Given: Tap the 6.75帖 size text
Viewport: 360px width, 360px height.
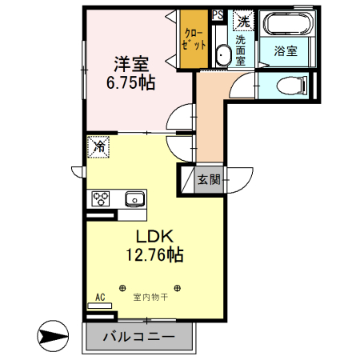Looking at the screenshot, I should pos(130,82).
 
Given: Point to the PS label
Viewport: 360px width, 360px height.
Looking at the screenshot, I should pos(218,14).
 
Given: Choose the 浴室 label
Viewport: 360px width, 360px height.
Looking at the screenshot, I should pos(286,51).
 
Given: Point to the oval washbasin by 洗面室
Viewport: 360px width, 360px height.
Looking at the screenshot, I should pos(223,54).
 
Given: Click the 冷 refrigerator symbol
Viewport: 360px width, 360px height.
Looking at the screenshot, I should pos(98,146).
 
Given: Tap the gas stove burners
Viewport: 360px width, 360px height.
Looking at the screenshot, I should pos(102,198).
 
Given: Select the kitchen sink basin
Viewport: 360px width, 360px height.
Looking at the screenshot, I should pos(133,198).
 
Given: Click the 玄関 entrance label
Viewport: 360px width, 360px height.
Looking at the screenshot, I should pos(210,180).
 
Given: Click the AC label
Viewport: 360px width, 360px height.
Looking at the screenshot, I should pos(100,298).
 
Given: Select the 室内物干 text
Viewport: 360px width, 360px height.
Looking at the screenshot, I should pos(150,298).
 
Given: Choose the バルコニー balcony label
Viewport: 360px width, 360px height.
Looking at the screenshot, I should pos(138,338).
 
